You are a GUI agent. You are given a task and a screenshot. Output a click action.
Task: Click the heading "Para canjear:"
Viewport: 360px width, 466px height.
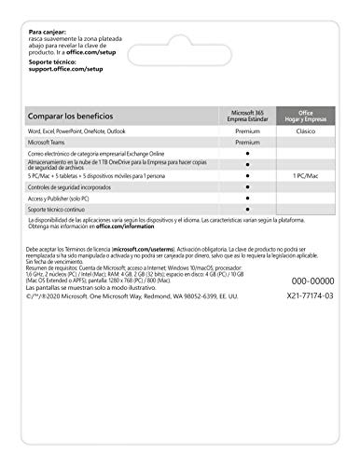[x=48, y=32]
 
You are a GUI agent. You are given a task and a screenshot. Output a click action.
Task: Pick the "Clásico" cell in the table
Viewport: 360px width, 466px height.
[x=308, y=133]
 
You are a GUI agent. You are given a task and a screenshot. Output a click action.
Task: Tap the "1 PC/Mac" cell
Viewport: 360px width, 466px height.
[x=308, y=174]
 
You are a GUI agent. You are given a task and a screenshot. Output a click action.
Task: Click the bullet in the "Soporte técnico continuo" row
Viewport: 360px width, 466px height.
[x=247, y=210]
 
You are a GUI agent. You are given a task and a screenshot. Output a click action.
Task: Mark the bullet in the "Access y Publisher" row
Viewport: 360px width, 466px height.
[x=247, y=198]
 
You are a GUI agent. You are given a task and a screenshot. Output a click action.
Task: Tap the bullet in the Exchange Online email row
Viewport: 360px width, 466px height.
[x=247, y=154]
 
